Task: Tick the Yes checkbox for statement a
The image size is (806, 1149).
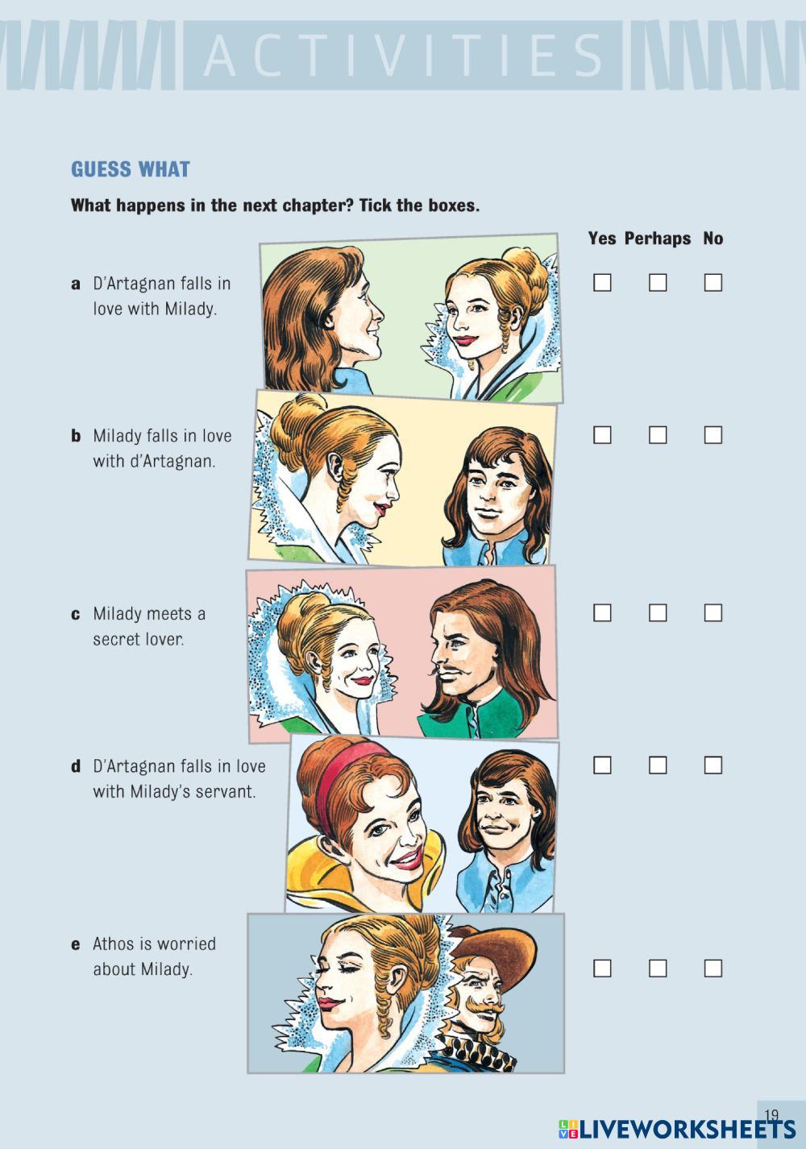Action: tap(602, 283)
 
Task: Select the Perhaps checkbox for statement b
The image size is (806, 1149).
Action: tap(657, 435)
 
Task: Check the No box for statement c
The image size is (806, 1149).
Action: tap(713, 612)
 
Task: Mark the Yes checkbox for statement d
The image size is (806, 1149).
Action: tap(602, 765)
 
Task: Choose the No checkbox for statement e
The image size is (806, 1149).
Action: tap(713, 969)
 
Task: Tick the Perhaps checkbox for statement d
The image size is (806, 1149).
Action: tap(657, 765)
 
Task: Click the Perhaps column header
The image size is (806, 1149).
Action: tap(657, 239)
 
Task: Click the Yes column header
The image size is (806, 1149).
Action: tap(602, 238)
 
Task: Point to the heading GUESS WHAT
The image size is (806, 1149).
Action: tap(131, 169)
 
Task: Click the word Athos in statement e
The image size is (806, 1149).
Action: tap(114, 944)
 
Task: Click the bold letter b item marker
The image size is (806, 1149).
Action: tap(76, 436)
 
